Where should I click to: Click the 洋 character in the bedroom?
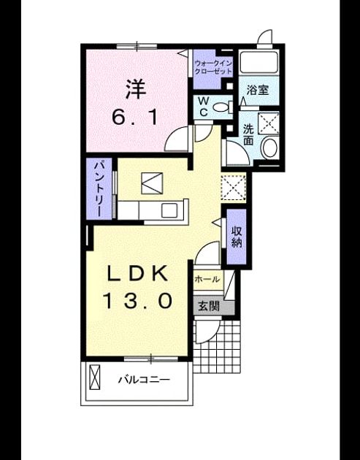(x=136, y=89)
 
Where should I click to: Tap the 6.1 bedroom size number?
(x=136, y=118)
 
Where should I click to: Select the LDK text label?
(x=137, y=273)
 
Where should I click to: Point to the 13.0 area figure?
(x=137, y=301)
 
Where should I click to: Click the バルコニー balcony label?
(x=144, y=380)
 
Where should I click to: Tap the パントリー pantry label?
(x=99, y=188)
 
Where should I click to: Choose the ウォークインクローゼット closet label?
(x=213, y=67)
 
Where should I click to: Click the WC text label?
(x=203, y=107)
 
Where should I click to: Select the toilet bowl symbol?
(x=223, y=107)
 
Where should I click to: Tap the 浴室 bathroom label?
(x=258, y=90)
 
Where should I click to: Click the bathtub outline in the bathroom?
(x=258, y=63)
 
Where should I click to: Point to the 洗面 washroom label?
(x=248, y=135)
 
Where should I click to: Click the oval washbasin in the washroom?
(x=269, y=147)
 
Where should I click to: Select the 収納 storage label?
(x=237, y=237)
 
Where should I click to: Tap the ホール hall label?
(x=207, y=279)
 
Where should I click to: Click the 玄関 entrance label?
(x=209, y=306)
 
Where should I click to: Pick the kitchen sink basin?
(x=169, y=210)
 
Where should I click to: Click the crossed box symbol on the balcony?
(x=94, y=377)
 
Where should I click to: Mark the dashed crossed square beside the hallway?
(x=233, y=188)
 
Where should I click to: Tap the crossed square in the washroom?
(x=269, y=123)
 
